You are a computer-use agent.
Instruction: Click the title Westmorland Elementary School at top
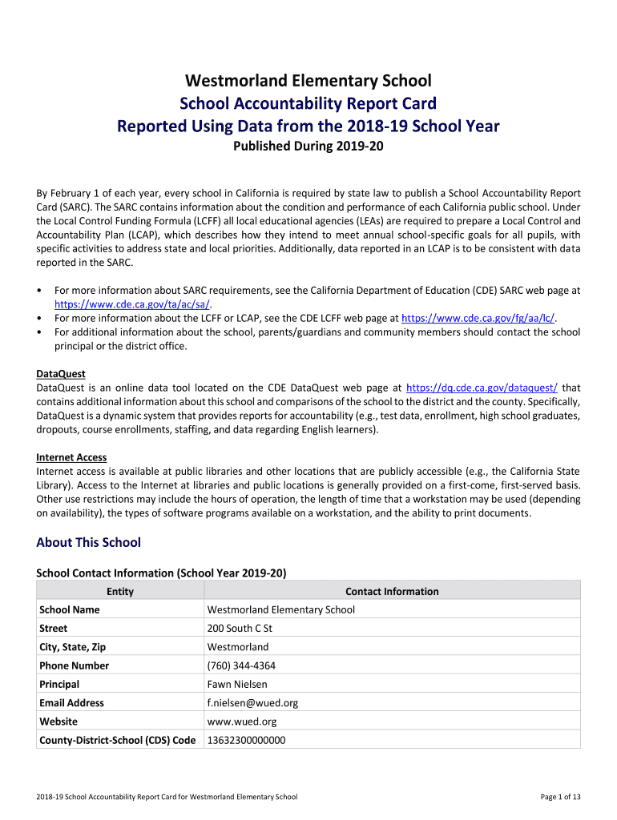point(308,81)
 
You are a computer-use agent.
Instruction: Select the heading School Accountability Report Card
point(308,103)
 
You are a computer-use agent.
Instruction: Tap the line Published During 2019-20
point(308,147)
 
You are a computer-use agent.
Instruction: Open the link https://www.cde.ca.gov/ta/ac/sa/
point(132,304)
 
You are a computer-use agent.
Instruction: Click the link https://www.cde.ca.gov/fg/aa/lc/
point(478,318)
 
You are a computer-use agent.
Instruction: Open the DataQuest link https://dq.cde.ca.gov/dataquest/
point(482,388)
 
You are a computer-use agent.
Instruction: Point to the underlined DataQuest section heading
point(61,374)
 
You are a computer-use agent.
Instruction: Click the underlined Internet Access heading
point(71,457)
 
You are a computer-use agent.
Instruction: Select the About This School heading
point(88,543)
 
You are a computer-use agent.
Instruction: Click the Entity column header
point(120,592)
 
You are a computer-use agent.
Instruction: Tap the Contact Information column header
point(392,592)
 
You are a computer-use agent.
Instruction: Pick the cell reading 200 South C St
point(240,629)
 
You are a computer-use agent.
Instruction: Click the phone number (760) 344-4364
point(241,665)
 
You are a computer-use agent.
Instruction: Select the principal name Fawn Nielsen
point(237,685)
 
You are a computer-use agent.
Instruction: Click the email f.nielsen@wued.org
point(252,703)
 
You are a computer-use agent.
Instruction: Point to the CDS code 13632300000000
point(246,740)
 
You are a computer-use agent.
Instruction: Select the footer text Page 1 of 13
point(561,797)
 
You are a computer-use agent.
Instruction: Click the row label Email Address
point(71,703)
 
